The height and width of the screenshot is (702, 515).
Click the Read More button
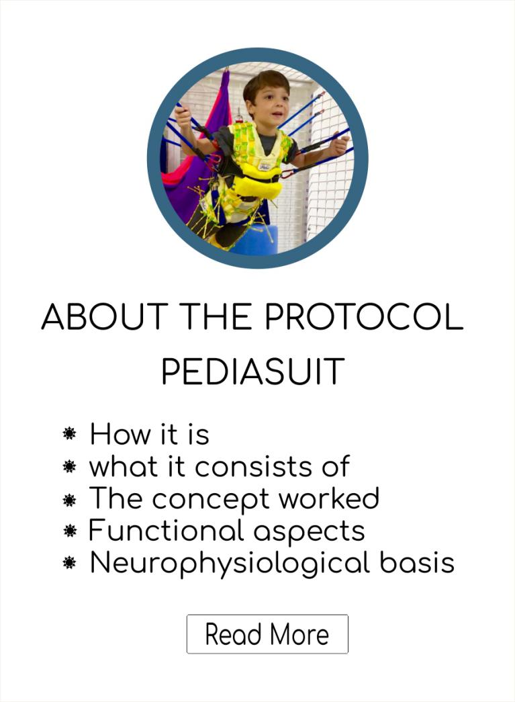[267, 634]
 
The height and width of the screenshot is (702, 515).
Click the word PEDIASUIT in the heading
[253, 371]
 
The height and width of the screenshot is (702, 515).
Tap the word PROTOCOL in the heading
[364, 316]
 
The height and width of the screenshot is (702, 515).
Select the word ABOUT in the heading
[105, 316]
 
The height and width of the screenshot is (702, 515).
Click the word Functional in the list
[166, 531]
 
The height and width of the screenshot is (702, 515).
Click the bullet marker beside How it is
[69, 433]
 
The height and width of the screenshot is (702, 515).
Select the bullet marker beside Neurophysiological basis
[69, 563]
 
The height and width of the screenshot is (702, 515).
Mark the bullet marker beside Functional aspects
[69, 531]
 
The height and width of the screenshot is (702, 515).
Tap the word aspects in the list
[309, 532]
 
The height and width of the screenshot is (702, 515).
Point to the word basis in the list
[417, 562]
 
